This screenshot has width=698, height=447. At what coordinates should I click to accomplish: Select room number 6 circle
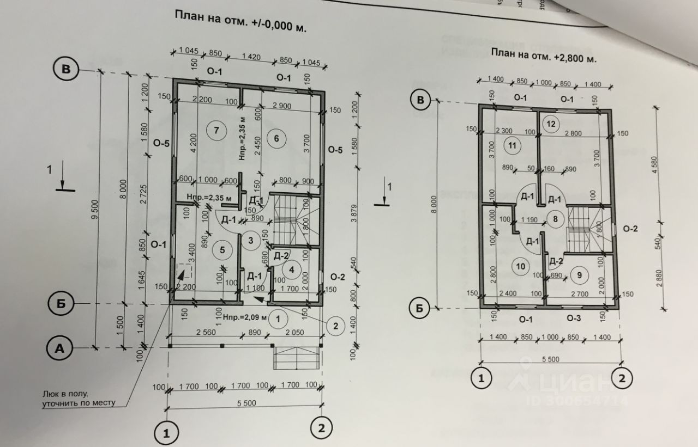pyautogui.click(x=276, y=138)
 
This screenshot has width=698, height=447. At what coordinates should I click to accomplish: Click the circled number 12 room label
pyautogui.click(x=551, y=124)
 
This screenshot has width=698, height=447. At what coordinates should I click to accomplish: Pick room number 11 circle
pyautogui.click(x=513, y=145)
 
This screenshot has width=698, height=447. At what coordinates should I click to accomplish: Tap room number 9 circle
pyautogui.click(x=579, y=275)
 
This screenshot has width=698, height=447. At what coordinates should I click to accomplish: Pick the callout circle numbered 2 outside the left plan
pyautogui.click(x=335, y=326)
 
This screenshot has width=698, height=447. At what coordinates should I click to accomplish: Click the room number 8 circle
pyautogui.click(x=555, y=220)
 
